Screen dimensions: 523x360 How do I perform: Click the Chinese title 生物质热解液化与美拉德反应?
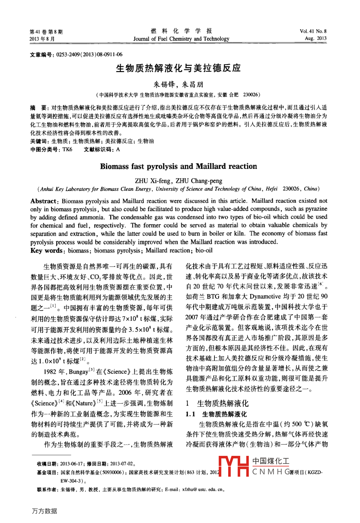[x=178, y=68]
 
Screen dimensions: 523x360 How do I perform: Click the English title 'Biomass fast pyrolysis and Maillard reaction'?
[x=178, y=166]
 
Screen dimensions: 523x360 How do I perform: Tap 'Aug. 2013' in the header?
[x=315, y=38]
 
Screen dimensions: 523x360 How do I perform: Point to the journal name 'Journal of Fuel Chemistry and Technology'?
[x=181, y=39]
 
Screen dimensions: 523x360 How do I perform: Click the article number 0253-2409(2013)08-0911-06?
[x=89, y=54]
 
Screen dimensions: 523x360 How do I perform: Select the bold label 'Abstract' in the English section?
[x=43, y=201]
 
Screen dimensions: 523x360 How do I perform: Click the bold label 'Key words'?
[x=46, y=251]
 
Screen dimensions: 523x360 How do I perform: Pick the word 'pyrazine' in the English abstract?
[x=316, y=209]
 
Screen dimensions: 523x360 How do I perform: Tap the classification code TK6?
[x=67, y=149]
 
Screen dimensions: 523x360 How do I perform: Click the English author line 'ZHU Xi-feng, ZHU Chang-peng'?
[x=178, y=181]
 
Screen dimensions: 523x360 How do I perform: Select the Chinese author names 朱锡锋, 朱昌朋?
[x=178, y=84]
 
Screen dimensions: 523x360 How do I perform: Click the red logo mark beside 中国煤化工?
[x=234, y=466]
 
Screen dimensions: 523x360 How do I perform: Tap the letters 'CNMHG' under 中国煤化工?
[x=271, y=472]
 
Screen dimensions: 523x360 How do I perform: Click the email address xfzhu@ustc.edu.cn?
[x=202, y=489]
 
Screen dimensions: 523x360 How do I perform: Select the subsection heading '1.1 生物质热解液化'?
[x=216, y=414]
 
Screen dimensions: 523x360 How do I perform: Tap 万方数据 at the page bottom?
[x=45, y=511]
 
